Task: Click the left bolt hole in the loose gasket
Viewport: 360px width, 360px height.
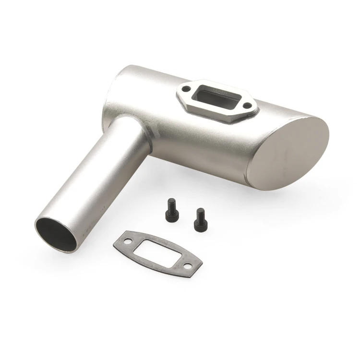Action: [128, 240]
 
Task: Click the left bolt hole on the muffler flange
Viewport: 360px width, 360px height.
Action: [185, 89]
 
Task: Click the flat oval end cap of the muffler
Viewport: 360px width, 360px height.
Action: [290, 152]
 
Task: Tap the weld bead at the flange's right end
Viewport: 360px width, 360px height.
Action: [256, 111]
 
